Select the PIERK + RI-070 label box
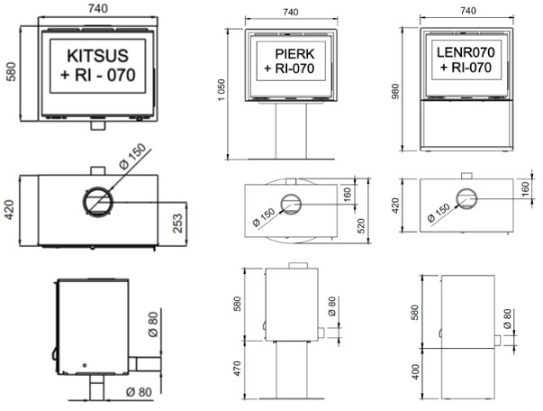pyautogui.click(x=289, y=59)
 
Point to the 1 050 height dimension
pyautogui.click(x=221, y=100)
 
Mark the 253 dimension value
pyautogui.click(x=178, y=218)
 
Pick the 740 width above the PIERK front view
pyautogui.click(x=289, y=12)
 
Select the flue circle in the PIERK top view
pyautogui.click(x=292, y=205)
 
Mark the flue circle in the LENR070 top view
pyautogui.click(x=467, y=200)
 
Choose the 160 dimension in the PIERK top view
pyautogui.click(x=347, y=194)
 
